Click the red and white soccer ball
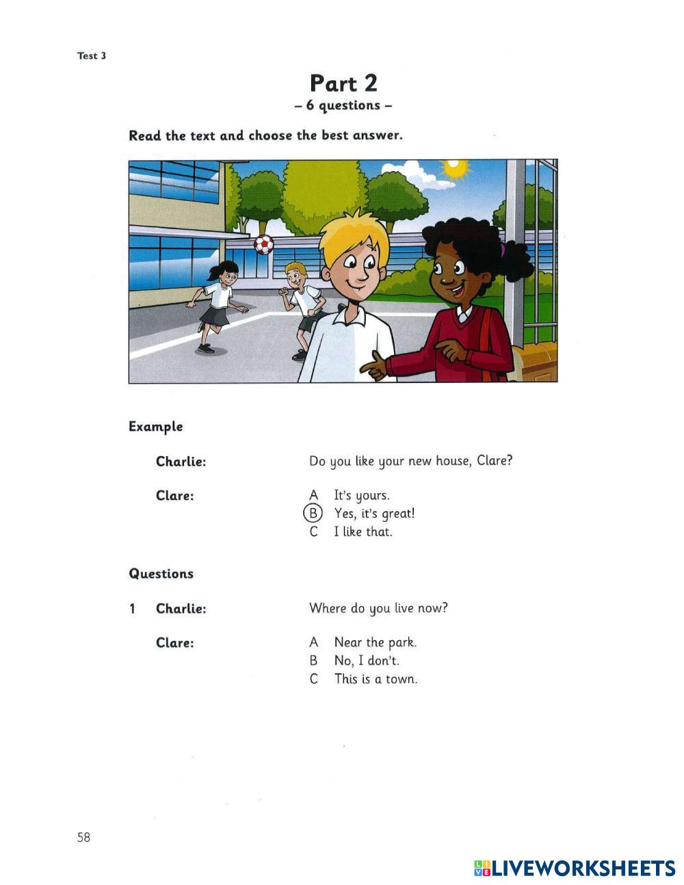263,244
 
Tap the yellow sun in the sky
454,169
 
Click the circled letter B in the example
313,513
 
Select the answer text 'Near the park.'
375,642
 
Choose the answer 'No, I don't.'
367,661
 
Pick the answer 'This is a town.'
376,679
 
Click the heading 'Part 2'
343,83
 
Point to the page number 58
83,837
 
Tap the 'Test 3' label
92,56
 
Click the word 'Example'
156,427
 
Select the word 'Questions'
161,574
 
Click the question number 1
133,609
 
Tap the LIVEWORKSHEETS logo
575,868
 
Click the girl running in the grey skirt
215,304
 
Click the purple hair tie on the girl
503,250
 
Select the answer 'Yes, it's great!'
374,513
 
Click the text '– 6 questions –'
343,106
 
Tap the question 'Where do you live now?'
378,608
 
